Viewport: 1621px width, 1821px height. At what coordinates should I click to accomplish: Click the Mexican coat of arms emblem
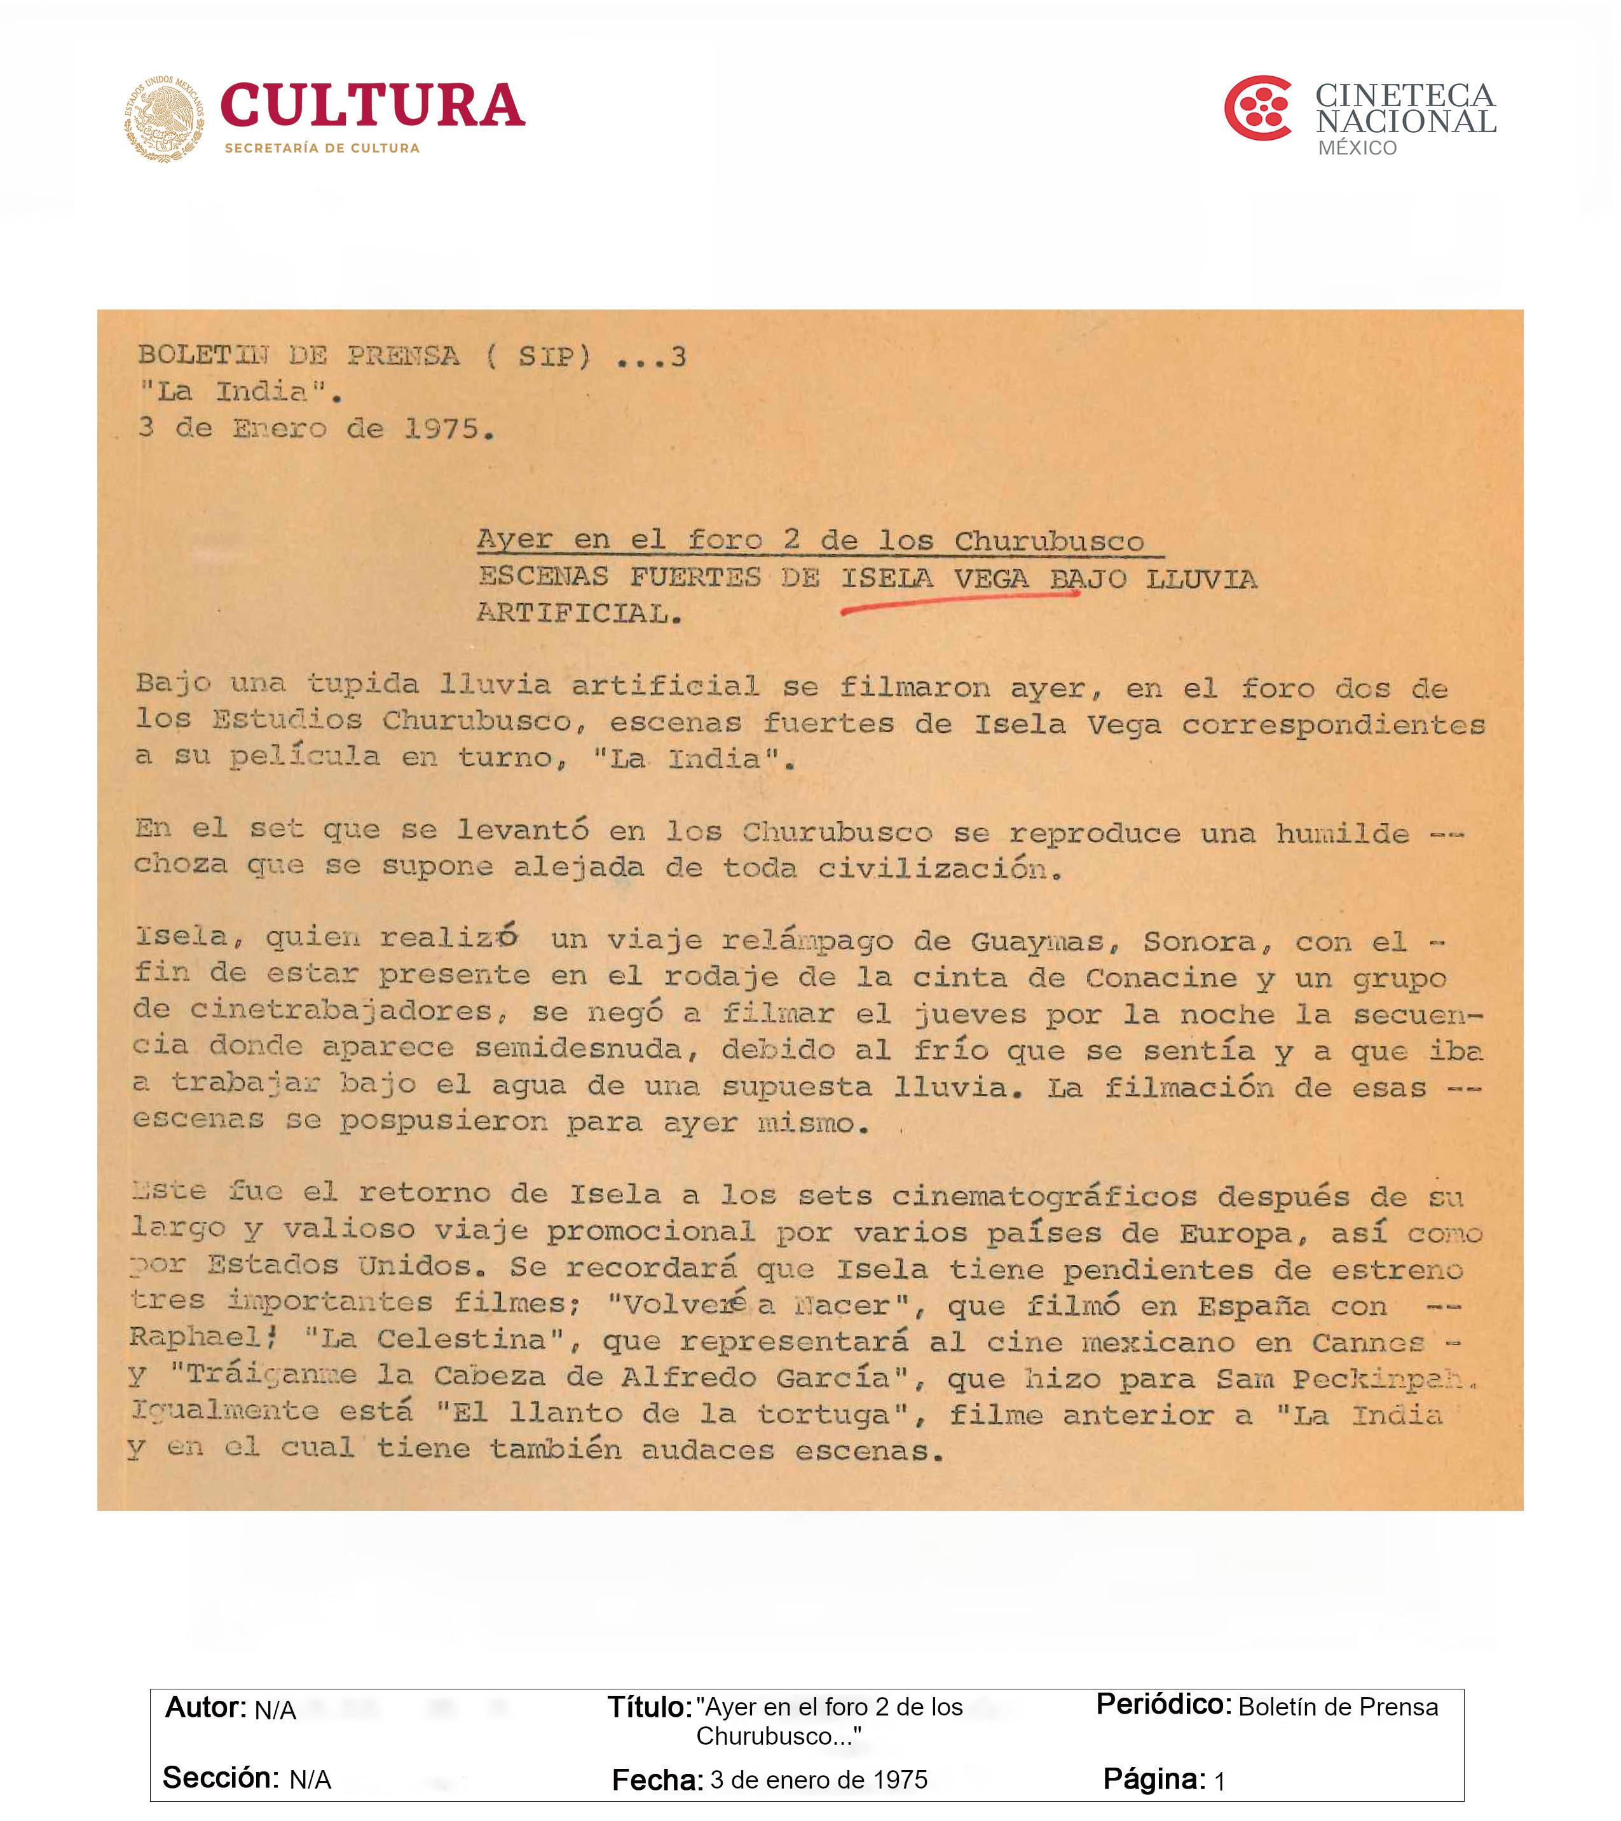pos(164,118)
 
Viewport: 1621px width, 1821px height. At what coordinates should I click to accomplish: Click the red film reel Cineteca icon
pos(1257,108)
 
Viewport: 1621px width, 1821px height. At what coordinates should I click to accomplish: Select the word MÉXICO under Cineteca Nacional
pos(1357,148)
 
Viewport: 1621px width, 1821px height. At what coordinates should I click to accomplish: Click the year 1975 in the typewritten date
pos(441,430)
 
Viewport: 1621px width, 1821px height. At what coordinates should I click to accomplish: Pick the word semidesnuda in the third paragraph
pos(586,1049)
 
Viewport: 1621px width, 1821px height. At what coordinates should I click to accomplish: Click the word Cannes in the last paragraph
pos(1368,1342)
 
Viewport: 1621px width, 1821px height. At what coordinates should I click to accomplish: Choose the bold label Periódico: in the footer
pos(1163,1704)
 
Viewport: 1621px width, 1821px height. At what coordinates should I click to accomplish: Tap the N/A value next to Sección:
pos(310,1780)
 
